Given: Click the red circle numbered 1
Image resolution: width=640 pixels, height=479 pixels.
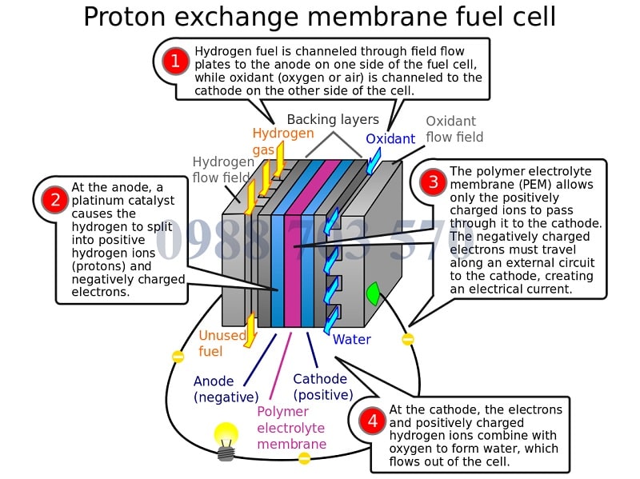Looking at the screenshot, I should click(174, 62).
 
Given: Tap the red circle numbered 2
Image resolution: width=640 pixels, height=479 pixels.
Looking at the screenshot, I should click(54, 200).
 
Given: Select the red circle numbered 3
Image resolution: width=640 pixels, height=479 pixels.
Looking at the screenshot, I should click(434, 182).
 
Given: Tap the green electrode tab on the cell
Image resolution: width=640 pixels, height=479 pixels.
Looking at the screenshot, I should click(371, 293).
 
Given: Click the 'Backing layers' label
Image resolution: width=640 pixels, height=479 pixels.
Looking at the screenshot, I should click(333, 120).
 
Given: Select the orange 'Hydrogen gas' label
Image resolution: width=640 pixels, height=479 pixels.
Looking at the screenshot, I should click(282, 142).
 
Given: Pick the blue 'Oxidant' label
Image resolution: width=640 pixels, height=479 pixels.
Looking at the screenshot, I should click(390, 139).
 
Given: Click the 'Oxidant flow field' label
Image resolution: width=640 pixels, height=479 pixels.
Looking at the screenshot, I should click(454, 130).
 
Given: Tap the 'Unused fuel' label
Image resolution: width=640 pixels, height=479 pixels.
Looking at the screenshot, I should click(222, 343).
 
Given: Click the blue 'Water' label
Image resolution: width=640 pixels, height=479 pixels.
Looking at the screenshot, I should click(351, 340).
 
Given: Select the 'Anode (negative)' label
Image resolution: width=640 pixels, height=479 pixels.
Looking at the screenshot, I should click(226, 389).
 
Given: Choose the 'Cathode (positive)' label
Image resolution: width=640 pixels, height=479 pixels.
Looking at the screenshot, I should click(322, 387).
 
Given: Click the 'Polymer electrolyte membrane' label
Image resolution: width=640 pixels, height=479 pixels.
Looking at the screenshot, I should click(291, 428).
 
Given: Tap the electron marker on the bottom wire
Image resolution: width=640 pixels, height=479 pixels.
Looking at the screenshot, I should click(304, 458).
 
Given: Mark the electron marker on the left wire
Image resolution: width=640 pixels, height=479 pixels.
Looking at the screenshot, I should click(178, 357).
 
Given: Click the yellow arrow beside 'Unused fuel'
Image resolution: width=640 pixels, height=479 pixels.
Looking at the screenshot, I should click(250, 329).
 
